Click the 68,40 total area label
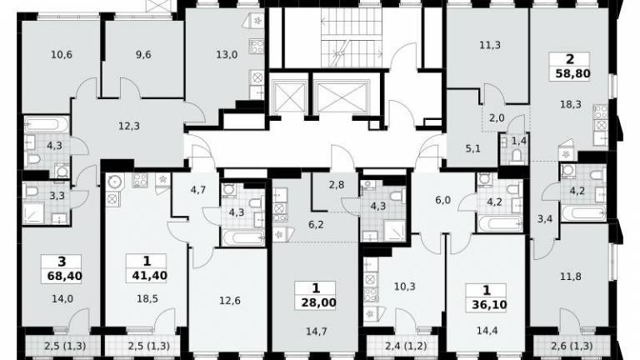click(64, 277)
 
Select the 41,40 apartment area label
click(149, 276)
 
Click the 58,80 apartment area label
click(572, 74)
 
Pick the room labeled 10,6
click(62, 54)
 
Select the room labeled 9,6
click(142, 54)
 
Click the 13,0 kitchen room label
click(227, 54)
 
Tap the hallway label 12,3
click(129, 126)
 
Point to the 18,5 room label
click(147, 299)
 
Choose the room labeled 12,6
click(230, 301)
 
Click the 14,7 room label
click(317, 332)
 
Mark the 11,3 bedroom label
click(490, 45)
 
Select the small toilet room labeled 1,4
click(519, 141)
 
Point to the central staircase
click(352, 37)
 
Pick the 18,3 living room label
click(571, 104)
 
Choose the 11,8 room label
click(571, 277)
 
